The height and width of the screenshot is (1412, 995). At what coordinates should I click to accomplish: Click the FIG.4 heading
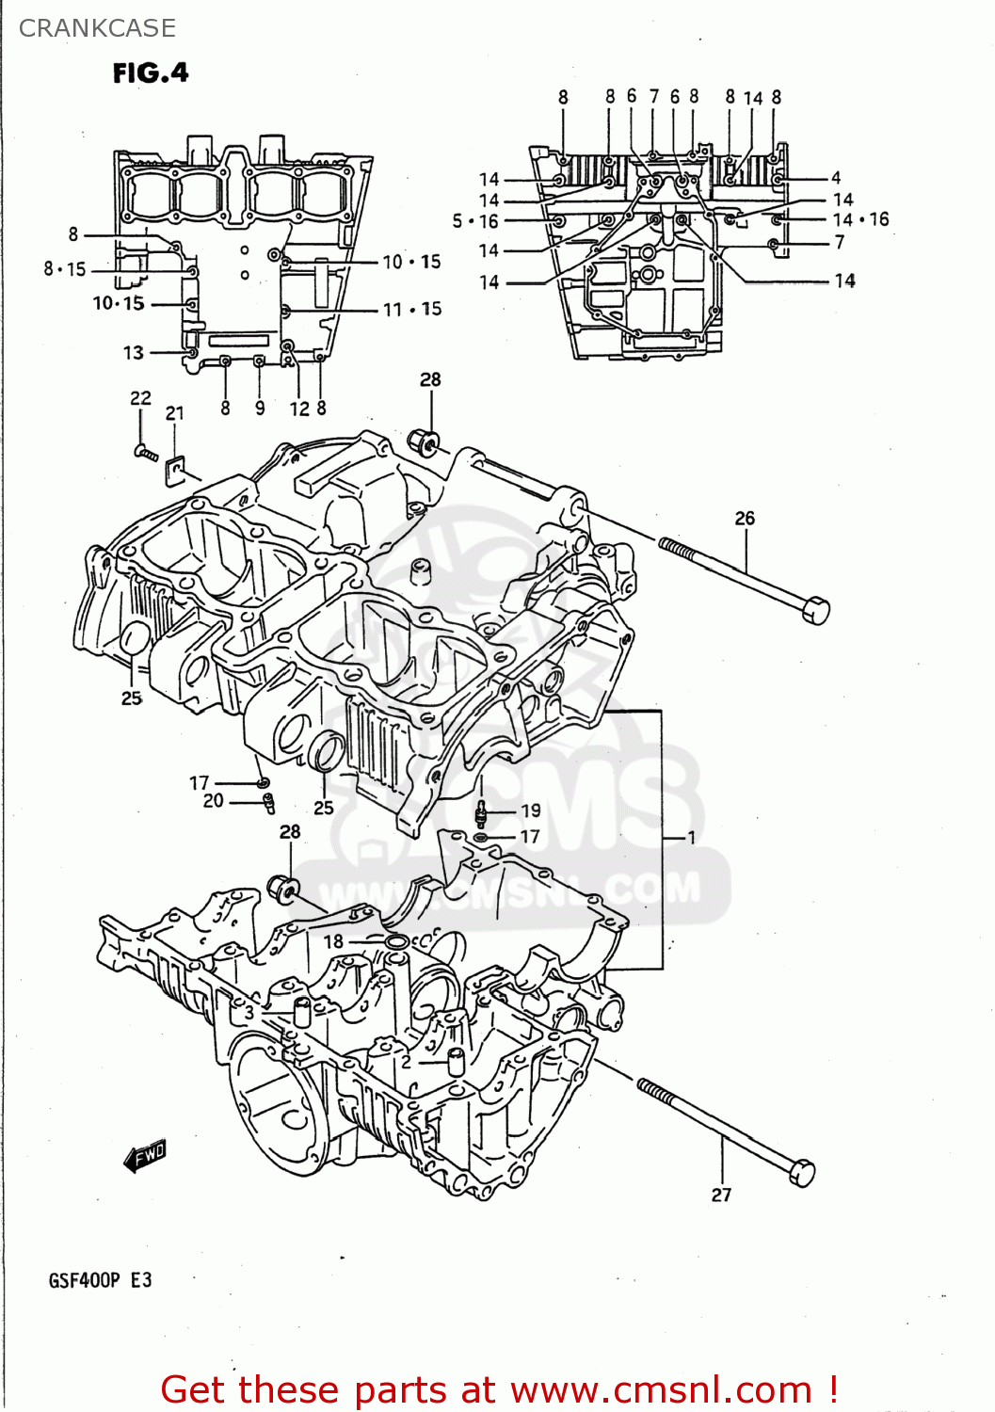151,72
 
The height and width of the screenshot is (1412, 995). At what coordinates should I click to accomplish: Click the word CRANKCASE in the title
97,28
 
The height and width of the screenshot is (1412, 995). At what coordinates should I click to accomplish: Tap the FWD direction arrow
145,1156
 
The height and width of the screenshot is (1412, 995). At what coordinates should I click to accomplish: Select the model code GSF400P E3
100,1280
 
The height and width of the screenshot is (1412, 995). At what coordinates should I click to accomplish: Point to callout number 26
745,518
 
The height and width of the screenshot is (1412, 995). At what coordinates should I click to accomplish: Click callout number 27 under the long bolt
721,1195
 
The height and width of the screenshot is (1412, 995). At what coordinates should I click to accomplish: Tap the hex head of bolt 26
815,609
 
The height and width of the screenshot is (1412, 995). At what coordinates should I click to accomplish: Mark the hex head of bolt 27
801,1173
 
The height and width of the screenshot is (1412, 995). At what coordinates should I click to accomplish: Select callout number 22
140,398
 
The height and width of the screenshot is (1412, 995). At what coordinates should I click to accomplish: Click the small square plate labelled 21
176,468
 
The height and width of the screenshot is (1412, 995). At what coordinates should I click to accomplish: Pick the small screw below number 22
145,453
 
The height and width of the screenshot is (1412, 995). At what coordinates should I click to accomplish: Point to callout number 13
134,353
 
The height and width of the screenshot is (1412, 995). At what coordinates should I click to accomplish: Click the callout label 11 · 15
412,309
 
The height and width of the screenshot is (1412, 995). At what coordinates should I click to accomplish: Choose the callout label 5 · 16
475,221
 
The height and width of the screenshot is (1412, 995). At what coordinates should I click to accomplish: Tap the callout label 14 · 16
860,219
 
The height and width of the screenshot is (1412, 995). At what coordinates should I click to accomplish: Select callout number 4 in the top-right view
836,178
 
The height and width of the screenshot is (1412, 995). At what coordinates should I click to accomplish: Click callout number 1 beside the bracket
691,837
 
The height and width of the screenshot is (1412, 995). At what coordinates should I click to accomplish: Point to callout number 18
333,941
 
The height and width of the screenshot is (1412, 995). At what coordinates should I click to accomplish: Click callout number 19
531,810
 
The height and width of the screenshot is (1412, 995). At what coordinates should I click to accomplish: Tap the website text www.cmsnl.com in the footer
662,1390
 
